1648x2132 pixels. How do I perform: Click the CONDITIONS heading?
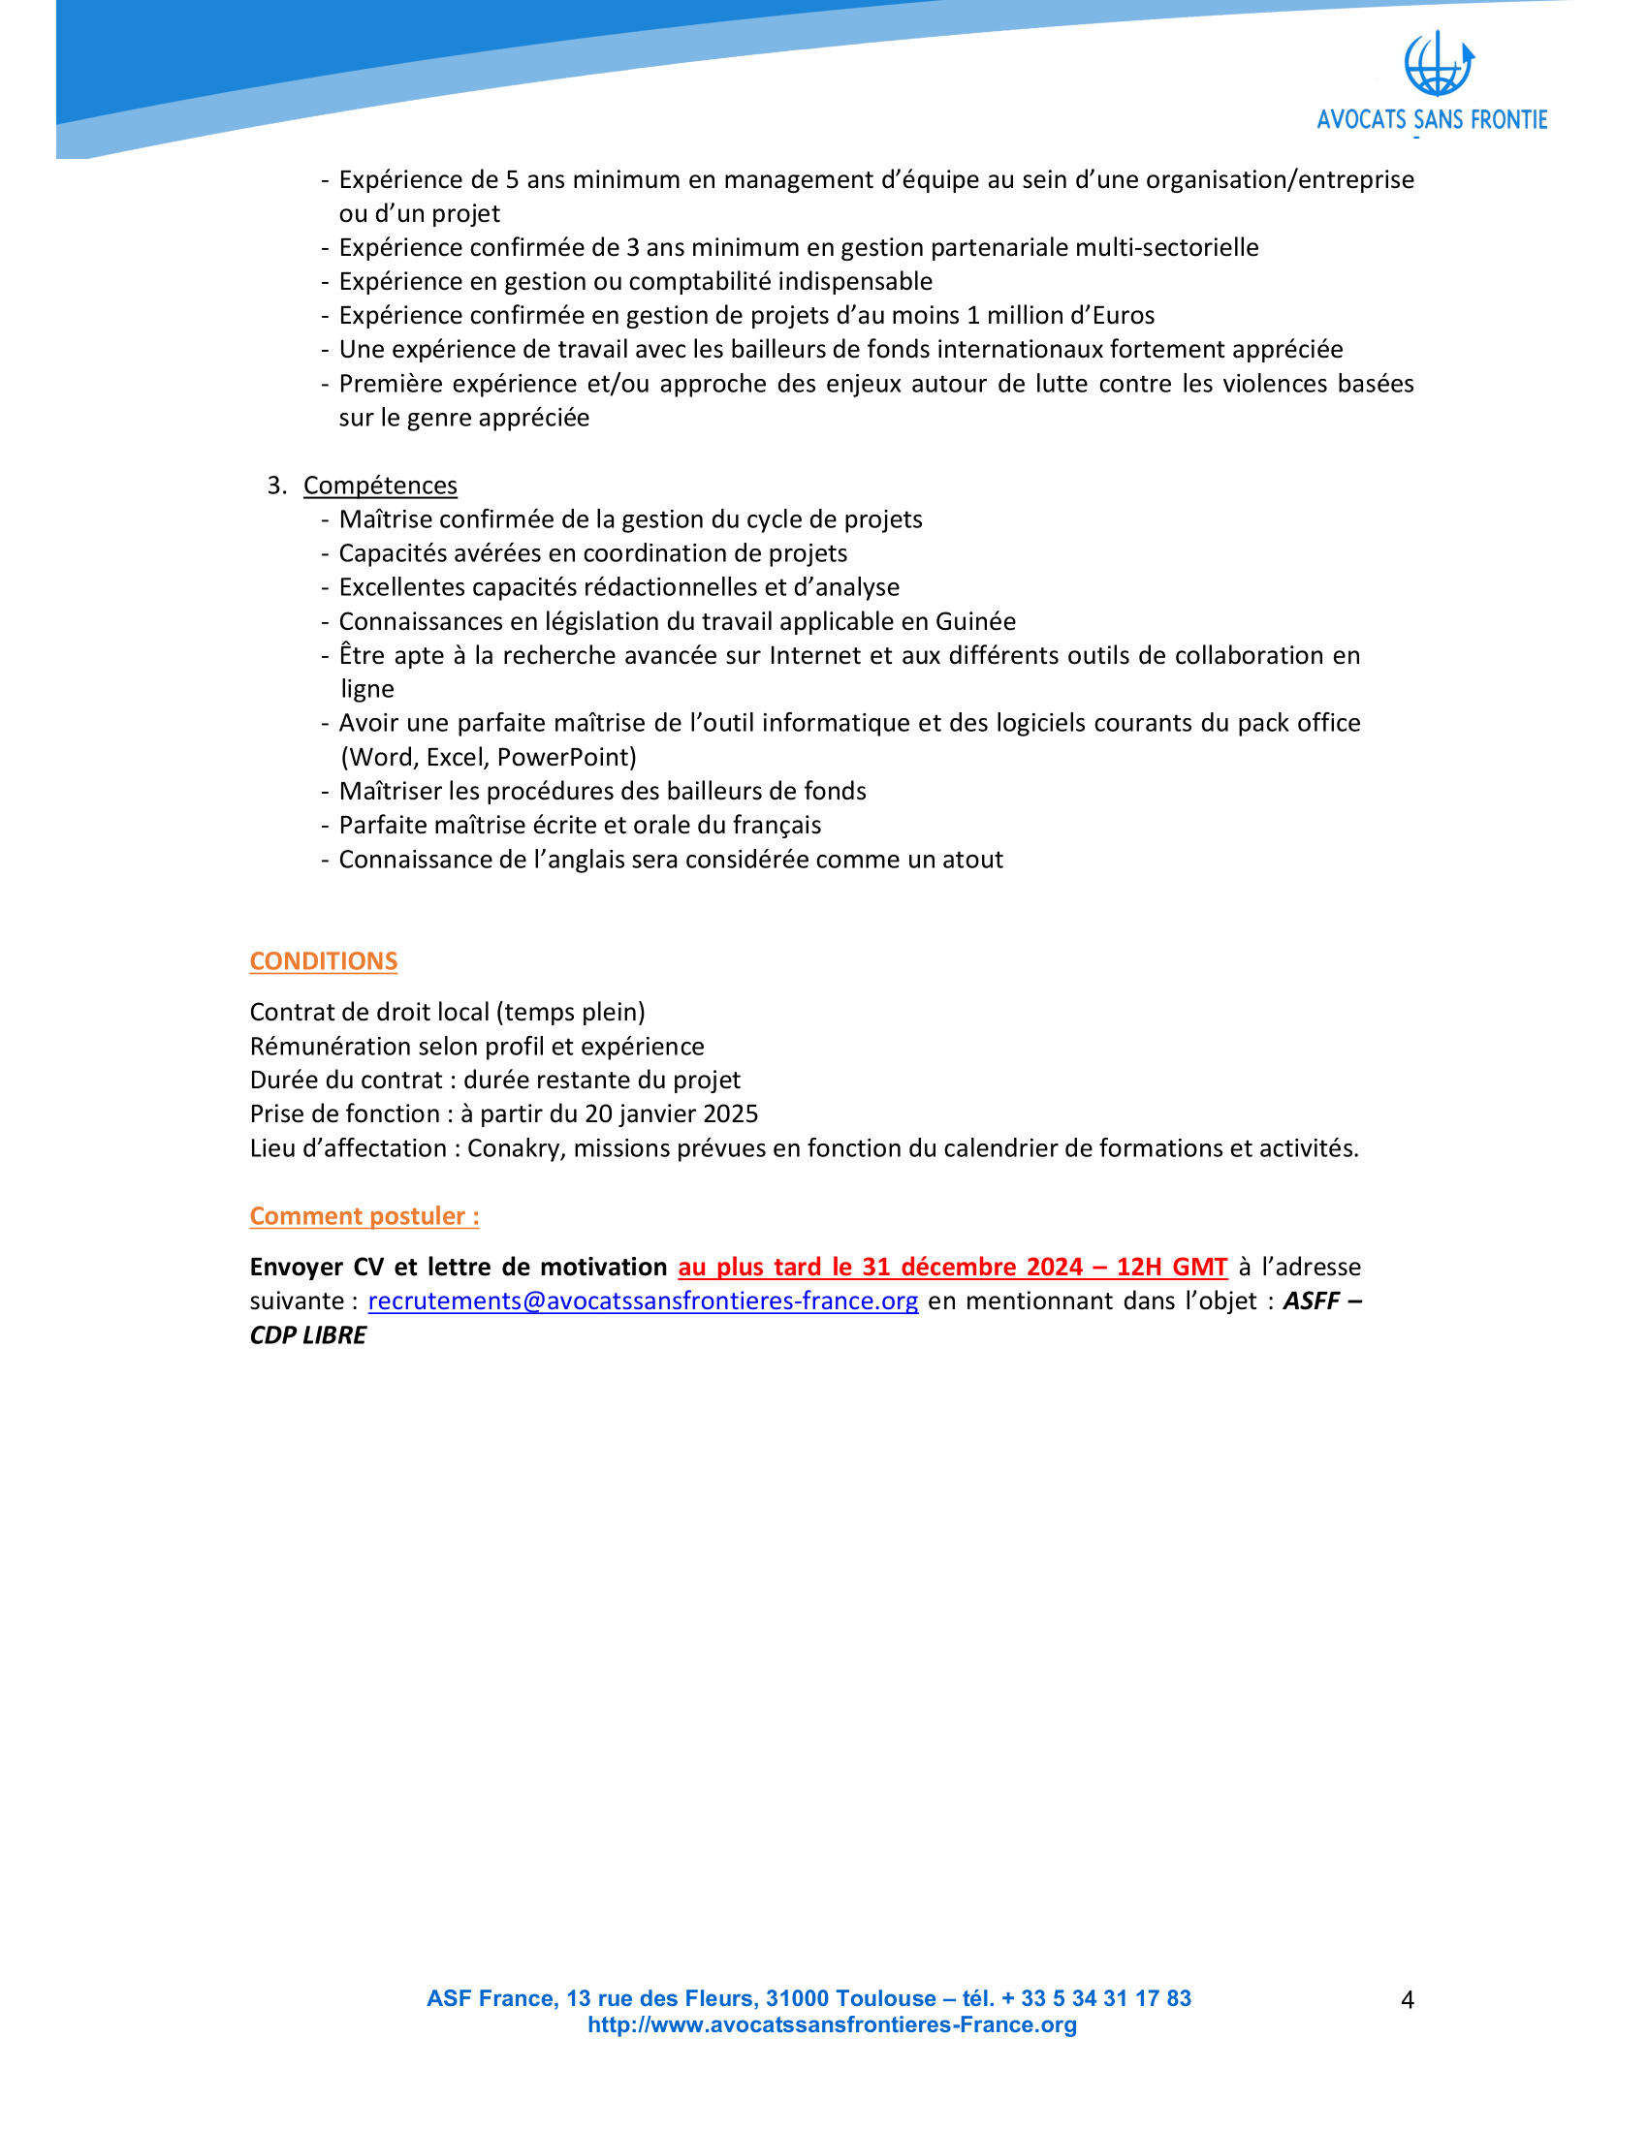point(323,961)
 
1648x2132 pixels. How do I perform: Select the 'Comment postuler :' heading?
point(364,1216)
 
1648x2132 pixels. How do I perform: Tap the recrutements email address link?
point(643,1301)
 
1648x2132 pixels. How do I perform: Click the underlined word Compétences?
point(380,486)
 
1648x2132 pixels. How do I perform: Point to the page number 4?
point(1407,2000)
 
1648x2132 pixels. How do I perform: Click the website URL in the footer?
point(832,2024)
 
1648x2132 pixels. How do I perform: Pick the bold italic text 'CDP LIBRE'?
point(308,1335)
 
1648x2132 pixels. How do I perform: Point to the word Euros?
point(1123,315)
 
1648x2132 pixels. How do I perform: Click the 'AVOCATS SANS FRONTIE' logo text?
point(1431,120)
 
